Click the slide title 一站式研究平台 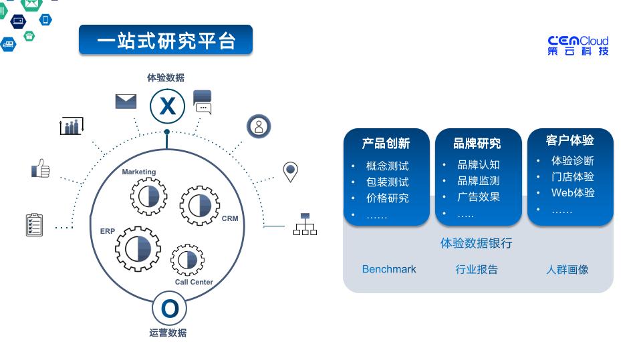(166, 40)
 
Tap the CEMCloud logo (578, 45)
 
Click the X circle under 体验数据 (167, 106)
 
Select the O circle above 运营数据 (169, 309)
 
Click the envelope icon (126, 102)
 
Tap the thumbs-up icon (41, 168)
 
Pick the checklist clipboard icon (34, 224)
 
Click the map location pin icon (290, 172)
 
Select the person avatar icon (259, 126)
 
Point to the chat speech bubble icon (203, 102)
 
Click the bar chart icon (72, 126)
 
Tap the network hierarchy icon (305, 224)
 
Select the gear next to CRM (199, 206)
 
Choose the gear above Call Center (188, 260)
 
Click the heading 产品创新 (386, 143)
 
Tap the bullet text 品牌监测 (478, 181)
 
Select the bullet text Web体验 (573, 193)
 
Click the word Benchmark (389, 269)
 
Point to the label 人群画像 (567, 270)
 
